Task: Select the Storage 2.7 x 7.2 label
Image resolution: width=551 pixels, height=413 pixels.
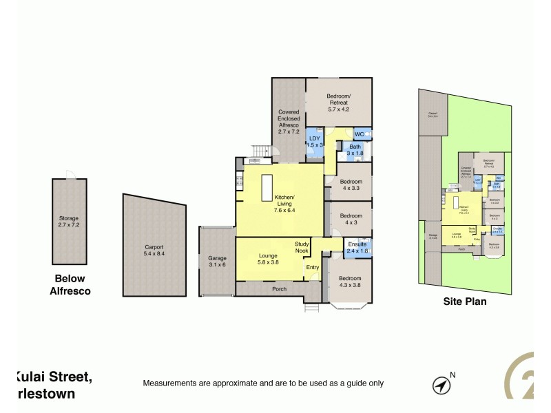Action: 69,222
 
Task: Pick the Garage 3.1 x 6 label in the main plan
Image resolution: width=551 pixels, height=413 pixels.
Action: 216,262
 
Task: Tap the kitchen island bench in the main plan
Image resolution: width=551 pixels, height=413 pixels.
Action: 267,187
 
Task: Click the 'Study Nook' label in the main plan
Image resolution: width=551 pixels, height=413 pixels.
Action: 302,247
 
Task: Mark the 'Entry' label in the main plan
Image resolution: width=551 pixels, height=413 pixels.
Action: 313,268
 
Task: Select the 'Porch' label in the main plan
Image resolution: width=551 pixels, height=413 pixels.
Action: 278,289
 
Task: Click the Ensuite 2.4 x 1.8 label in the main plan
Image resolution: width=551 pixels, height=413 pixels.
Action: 357,248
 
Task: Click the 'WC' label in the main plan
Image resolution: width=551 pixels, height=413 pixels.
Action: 359,134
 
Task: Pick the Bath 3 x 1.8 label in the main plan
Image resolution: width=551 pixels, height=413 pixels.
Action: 355,150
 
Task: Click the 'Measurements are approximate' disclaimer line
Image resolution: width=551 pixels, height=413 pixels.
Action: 262,383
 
